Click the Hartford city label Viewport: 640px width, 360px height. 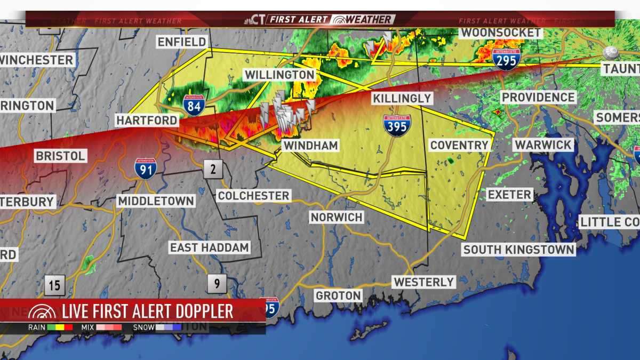tap(147, 121)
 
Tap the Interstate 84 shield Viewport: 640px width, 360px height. tap(193, 106)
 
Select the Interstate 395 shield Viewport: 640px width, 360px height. tap(397, 125)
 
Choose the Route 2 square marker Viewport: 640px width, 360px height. tap(213, 170)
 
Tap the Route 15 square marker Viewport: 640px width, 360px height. tap(55, 285)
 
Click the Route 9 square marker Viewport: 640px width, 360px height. tap(217, 284)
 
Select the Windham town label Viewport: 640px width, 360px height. tap(310, 146)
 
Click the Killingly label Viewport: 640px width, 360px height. tap(402, 98)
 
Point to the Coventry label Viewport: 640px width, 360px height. tap(459, 145)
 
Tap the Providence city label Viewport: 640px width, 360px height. tap(539, 97)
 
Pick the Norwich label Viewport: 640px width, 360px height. tap(337, 217)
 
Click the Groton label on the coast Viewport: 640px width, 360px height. tap(338, 295)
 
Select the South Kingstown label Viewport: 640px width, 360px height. tap(518, 249)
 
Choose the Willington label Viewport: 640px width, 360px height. tap(279, 75)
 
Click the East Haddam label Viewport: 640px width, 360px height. tap(210, 247)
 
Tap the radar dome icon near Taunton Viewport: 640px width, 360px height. tap(610, 52)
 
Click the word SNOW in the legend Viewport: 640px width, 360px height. tap(143, 327)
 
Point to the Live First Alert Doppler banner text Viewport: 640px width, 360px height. tap(148, 311)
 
